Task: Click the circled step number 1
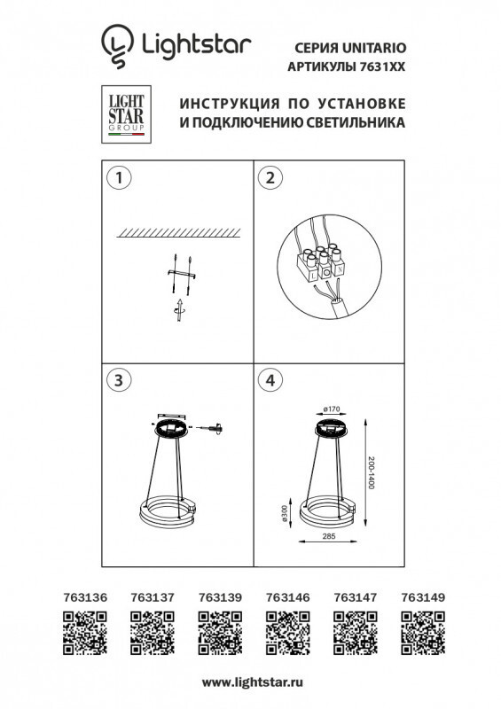[x=115, y=178]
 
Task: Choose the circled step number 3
[x=115, y=380]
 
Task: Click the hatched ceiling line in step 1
[x=178, y=231]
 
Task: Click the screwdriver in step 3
[x=209, y=428]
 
